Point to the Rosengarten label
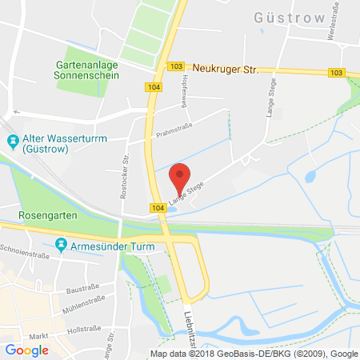click(47, 216)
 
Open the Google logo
click(26, 350)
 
